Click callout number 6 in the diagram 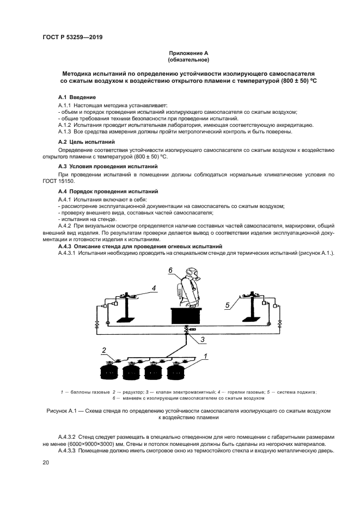(x=170, y=270)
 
